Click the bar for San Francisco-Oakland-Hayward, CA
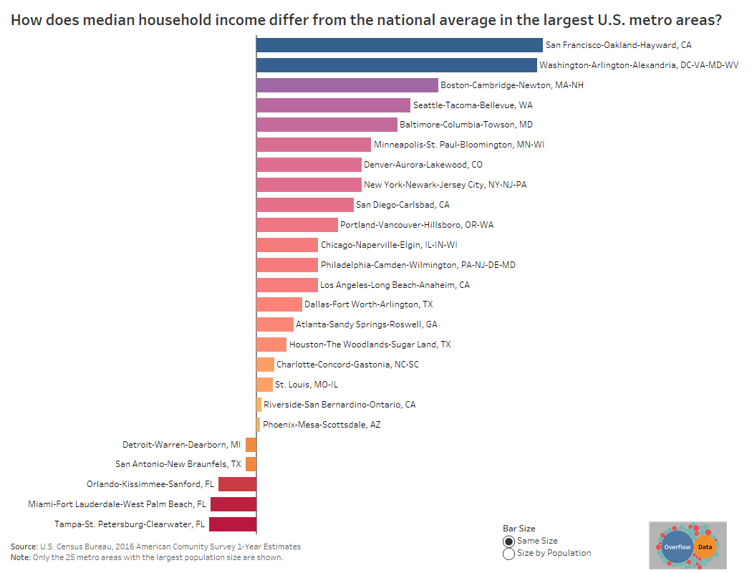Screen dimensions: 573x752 pos(399,45)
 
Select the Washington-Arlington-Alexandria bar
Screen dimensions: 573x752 pos(396,65)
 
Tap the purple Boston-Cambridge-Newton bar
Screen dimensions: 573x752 pos(347,85)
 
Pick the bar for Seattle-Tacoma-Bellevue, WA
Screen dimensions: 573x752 pos(333,105)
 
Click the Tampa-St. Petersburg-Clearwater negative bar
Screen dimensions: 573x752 pos(233,524)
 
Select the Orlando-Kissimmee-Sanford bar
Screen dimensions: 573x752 pos(237,484)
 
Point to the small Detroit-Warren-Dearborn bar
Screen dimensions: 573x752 pos(251,445)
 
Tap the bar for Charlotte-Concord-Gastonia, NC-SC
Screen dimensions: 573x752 pos(265,365)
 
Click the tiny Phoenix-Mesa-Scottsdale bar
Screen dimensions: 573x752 pos(258,425)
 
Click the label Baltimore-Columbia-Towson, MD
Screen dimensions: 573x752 pos(466,125)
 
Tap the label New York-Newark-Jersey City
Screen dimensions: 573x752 pos(445,185)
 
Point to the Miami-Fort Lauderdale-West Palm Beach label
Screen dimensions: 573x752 pos(117,504)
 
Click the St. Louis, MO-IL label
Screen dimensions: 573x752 pos(306,385)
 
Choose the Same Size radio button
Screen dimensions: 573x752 pos(508,541)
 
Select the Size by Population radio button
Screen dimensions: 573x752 pos(508,553)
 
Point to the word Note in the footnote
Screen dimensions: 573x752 pos(20,557)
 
